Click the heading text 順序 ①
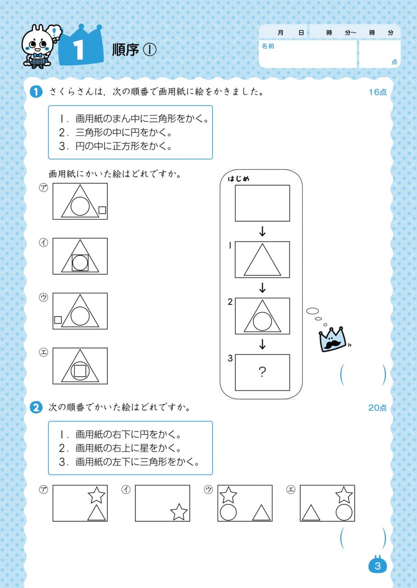coord(134,50)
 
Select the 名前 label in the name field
coord(268,46)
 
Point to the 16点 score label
coord(377,92)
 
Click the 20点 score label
coord(377,407)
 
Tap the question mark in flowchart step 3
coord(262,373)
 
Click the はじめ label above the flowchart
coord(239,179)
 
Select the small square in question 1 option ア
coord(102,210)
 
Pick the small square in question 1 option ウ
coord(58,320)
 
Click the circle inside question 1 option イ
coord(80,263)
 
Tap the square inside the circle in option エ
coord(80,370)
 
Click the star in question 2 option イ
coord(179,511)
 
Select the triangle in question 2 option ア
coord(97,513)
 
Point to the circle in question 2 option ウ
coord(228,512)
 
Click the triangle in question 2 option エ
coord(311,513)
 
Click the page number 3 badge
coord(378,566)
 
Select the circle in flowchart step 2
coord(262,321)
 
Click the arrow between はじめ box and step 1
coord(262,232)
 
